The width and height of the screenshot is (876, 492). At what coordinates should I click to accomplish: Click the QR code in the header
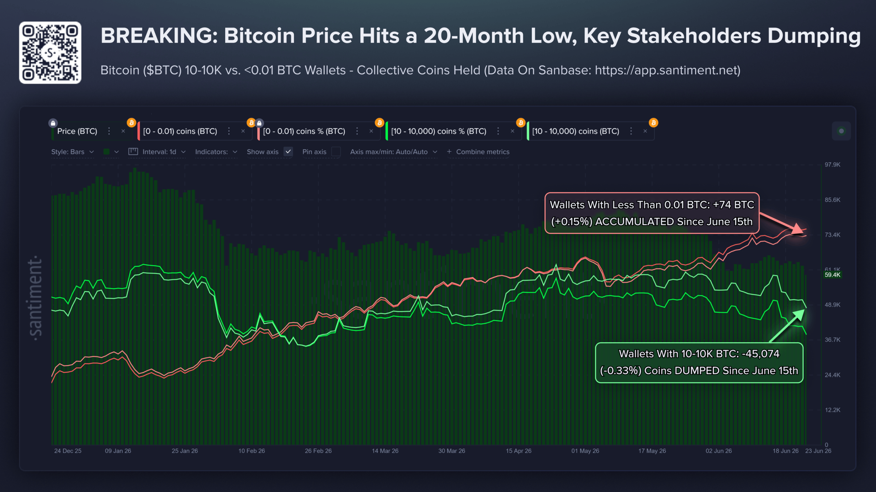tap(50, 53)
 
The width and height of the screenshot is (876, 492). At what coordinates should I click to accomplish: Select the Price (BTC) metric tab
tap(77, 131)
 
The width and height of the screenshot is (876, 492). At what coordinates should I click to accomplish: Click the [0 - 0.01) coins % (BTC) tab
tap(304, 131)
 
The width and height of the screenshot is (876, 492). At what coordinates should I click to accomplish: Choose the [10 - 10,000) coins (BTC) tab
tap(576, 131)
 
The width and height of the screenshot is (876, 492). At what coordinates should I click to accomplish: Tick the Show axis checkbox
tap(288, 152)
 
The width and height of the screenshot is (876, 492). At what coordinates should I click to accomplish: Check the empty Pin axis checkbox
tap(336, 152)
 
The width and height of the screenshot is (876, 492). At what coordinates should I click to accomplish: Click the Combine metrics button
tap(478, 152)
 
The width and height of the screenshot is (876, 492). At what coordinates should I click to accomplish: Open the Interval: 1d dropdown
tap(157, 152)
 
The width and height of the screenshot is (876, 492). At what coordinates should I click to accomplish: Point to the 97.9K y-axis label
tap(832, 165)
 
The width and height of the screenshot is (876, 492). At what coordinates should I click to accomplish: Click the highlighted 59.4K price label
tap(832, 275)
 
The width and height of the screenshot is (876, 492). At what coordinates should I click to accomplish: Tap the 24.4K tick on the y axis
tap(832, 375)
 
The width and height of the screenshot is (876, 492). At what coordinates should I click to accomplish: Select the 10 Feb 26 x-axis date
tap(252, 451)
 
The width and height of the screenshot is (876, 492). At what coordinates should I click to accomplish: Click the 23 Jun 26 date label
tap(818, 451)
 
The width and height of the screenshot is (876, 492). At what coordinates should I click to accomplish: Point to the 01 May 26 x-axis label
tap(585, 451)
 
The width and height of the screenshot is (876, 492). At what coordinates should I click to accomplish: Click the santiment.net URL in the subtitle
tap(667, 70)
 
